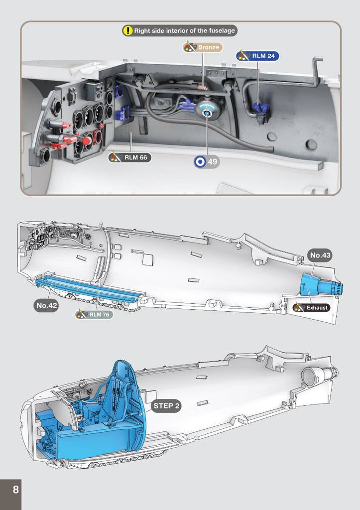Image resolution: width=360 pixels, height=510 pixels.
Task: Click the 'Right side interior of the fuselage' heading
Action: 184,31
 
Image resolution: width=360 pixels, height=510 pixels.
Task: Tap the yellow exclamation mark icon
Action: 128,31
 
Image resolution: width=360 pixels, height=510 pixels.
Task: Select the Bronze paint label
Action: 203,47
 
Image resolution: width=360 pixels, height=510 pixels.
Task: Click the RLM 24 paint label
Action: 257,56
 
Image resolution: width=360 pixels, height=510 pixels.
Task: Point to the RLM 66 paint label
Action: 130,158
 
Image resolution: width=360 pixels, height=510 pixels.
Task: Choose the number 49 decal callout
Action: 207,162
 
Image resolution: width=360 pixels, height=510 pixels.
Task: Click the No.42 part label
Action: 46,305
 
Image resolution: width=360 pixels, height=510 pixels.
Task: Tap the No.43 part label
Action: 320,255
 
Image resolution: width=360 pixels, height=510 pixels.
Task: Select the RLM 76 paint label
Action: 94,315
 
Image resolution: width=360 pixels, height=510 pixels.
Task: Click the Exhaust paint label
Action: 312,308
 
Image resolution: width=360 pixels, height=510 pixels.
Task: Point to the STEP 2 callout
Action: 166,406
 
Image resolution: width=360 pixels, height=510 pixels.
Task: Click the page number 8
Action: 15,490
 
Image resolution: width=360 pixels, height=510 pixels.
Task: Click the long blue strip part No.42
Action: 90,289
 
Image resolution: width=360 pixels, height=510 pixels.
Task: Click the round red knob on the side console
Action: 87,140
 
